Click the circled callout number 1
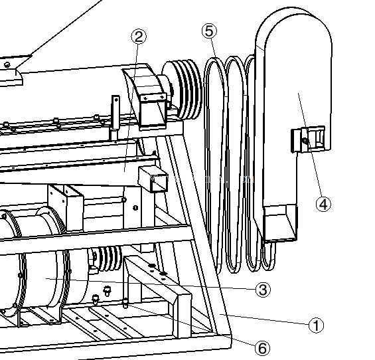tap(316, 325)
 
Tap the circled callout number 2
tap(139, 37)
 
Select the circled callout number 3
tap(263, 290)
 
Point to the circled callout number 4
tap(323, 204)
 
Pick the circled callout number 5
tap(209, 31)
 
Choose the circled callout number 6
tap(262, 348)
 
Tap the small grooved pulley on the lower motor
tap(106, 259)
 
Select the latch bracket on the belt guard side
tap(308, 139)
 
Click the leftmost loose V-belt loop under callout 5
tap(214, 163)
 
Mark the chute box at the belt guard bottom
tap(280, 223)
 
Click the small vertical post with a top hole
tap(115, 112)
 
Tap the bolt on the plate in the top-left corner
tap(8, 64)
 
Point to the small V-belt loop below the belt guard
tap(269, 256)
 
